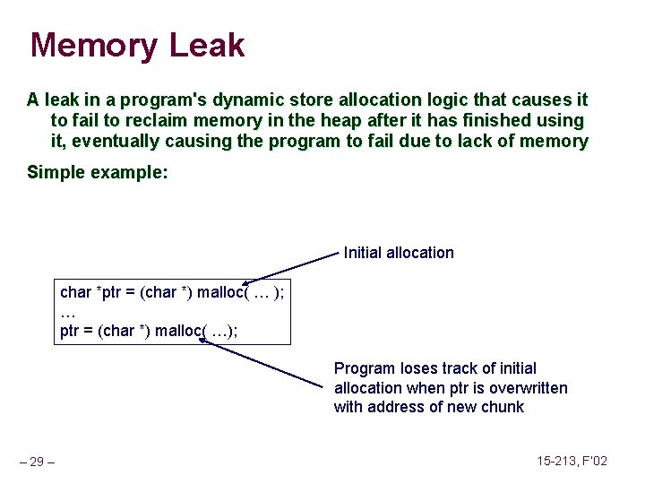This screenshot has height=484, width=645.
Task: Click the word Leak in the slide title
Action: click(x=208, y=45)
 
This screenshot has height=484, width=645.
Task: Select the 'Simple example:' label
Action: click(x=97, y=172)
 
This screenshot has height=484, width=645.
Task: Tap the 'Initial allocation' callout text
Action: click(x=399, y=253)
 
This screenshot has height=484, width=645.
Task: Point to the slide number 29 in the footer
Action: click(x=38, y=462)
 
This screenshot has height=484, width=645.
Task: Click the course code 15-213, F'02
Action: click(x=572, y=461)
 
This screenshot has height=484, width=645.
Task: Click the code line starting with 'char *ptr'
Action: click(x=172, y=292)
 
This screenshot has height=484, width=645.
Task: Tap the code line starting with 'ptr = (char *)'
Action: click(x=149, y=331)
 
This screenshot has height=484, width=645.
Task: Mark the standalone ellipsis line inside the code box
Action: click(x=67, y=312)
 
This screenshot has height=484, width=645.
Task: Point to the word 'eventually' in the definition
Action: click(x=119, y=141)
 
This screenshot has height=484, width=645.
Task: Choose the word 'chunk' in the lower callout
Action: click(x=503, y=407)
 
